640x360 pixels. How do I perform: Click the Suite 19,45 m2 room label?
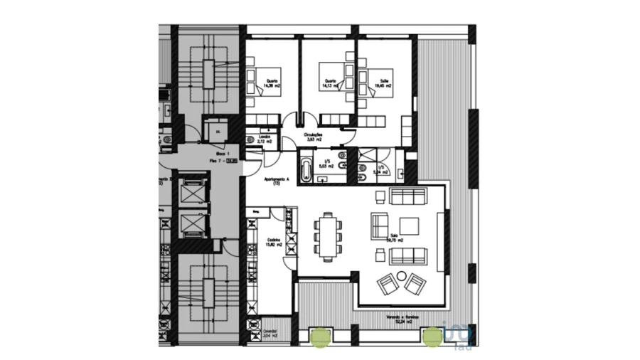point(385,83)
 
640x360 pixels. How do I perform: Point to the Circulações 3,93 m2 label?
point(314,137)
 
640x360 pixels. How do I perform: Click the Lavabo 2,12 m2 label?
point(266,139)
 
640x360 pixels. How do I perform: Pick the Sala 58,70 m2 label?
point(396,238)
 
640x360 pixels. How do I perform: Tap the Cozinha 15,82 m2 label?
point(274,242)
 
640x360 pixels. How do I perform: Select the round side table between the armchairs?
point(401,276)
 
